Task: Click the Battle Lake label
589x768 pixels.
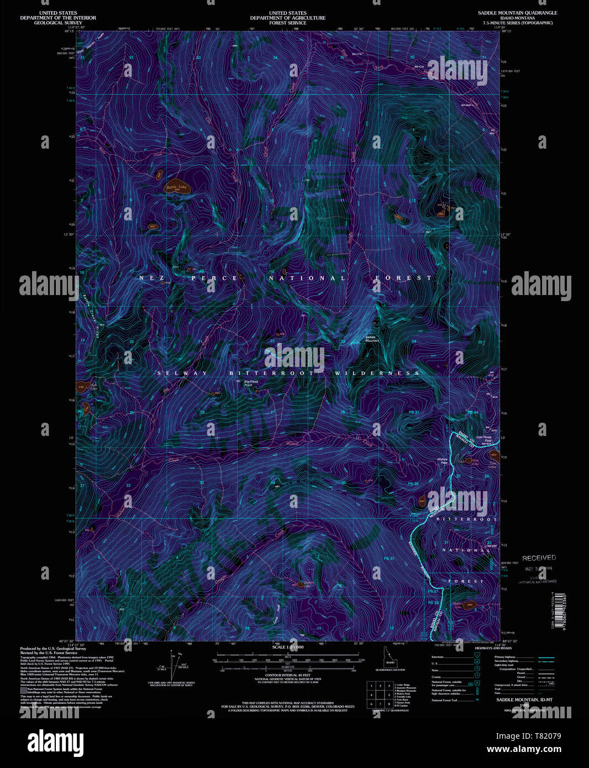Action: [x=177, y=188]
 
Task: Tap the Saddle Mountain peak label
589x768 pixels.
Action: [x=372, y=339]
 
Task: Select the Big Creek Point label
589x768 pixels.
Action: [x=251, y=383]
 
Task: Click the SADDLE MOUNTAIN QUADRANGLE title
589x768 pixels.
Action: [x=517, y=13]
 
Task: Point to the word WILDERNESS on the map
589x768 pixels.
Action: [x=377, y=374]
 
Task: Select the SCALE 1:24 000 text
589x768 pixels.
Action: [x=287, y=646]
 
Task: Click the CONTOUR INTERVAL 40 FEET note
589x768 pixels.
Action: [x=287, y=676]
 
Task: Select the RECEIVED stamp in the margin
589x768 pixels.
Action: [x=539, y=558]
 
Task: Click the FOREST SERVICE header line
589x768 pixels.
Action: [x=287, y=23]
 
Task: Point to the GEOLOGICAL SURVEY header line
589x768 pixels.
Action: [x=58, y=23]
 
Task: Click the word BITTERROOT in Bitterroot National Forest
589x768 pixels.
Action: [x=467, y=519]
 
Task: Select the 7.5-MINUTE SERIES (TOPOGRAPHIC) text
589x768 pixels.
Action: [x=517, y=23]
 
